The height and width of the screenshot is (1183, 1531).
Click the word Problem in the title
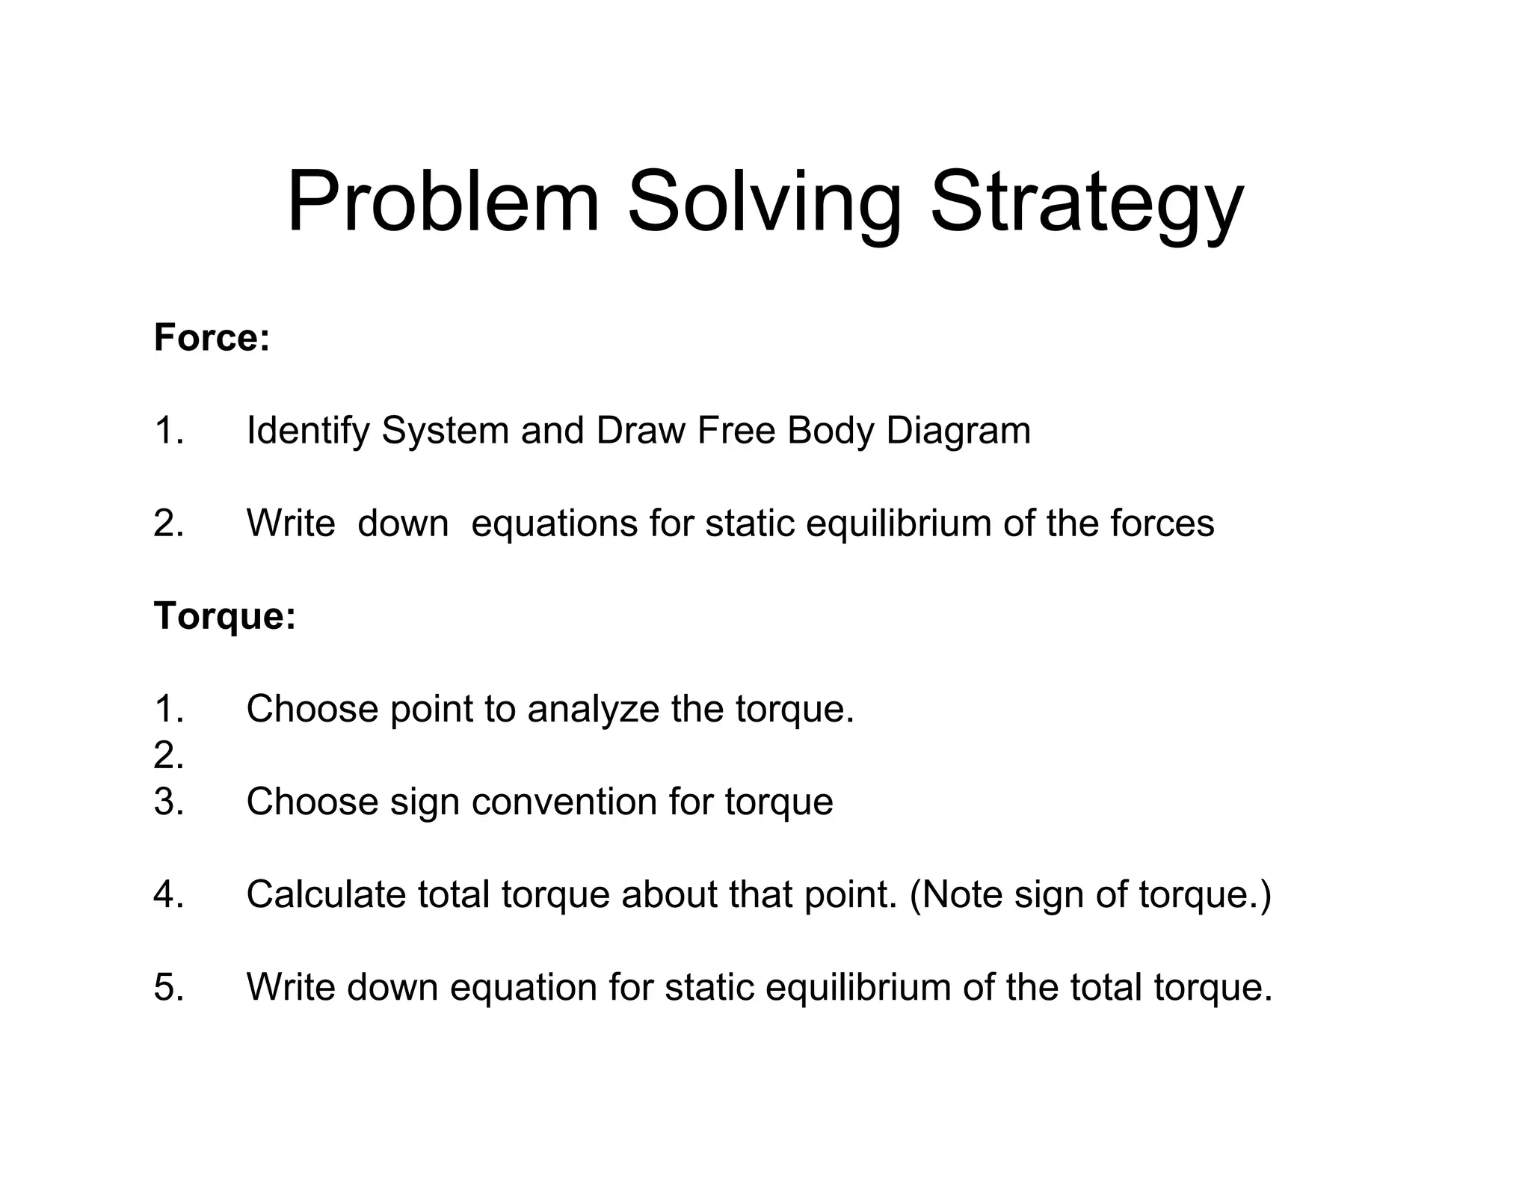pyautogui.click(x=443, y=202)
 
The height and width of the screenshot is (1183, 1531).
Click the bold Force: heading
pyautogui.click(x=212, y=337)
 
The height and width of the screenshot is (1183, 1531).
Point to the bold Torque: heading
pyautogui.click(x=225, y=617)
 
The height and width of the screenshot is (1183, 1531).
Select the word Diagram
pyautogui.click(x=958, y=431)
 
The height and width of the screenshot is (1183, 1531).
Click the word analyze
pyautogui.click(x=593, y=710)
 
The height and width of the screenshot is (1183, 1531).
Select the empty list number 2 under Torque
pyautogui.click(x=169, y=755)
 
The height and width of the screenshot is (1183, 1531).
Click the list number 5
pyautogui.click(x=169, y=987)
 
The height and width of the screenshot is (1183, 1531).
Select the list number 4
pyautogui.click(x=169, y=894)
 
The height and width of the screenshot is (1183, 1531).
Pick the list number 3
pyautogui.click(x=169, y=802)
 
